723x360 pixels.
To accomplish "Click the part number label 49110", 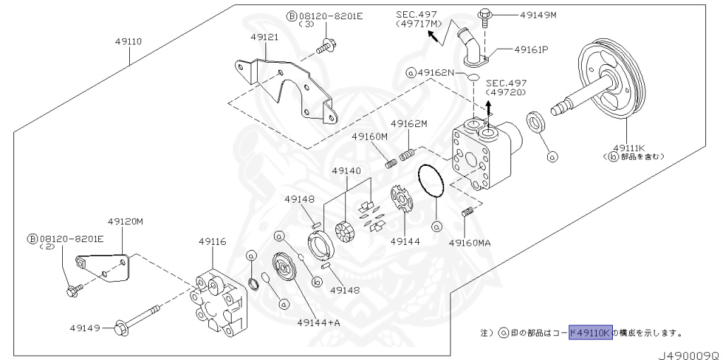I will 129,42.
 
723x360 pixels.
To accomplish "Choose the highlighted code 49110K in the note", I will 590,331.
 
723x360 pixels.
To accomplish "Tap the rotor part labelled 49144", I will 402,200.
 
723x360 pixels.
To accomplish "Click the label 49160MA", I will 470,243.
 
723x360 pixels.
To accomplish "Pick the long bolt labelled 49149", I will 141,321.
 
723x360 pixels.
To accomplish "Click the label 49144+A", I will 318,323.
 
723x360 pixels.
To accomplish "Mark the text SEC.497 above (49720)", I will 506,82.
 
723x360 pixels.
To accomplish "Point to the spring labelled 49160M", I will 391,164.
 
